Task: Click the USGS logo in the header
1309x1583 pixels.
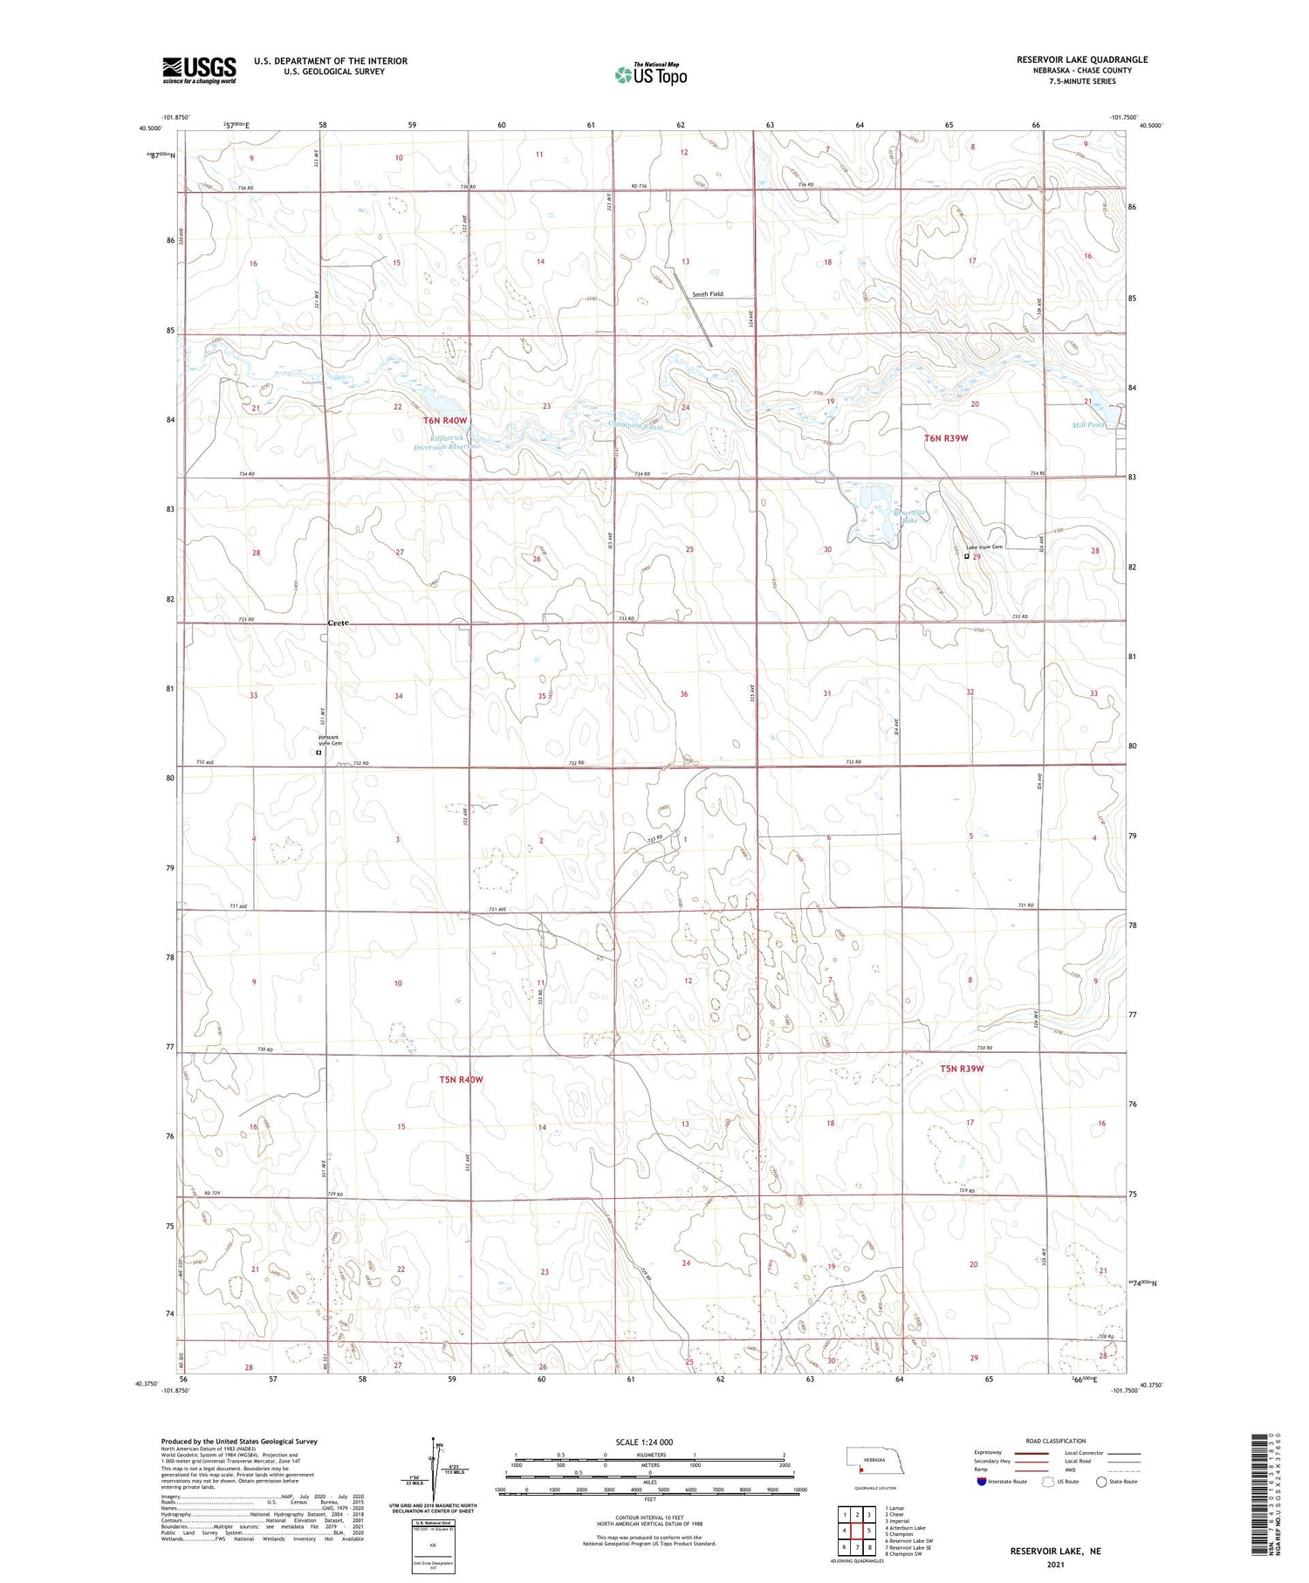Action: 199,70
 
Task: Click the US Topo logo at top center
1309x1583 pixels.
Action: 650,74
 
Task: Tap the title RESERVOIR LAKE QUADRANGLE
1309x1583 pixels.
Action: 1081,59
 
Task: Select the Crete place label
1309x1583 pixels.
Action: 338,623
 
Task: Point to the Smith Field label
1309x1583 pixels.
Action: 708,294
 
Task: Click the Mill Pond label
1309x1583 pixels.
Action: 1087,425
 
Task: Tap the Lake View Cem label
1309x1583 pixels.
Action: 984,547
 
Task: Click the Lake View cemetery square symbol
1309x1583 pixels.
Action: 966,556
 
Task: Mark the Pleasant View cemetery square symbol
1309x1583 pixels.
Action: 319,753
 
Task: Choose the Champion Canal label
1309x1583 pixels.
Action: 635,425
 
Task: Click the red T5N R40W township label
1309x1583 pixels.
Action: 461,1079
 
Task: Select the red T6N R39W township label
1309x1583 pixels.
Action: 946,437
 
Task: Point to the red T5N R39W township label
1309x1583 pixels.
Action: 962,1069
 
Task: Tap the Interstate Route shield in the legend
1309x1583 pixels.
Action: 982,1482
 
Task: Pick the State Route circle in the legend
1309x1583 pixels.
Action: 1101,1482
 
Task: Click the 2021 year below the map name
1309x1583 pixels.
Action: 1055,1564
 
